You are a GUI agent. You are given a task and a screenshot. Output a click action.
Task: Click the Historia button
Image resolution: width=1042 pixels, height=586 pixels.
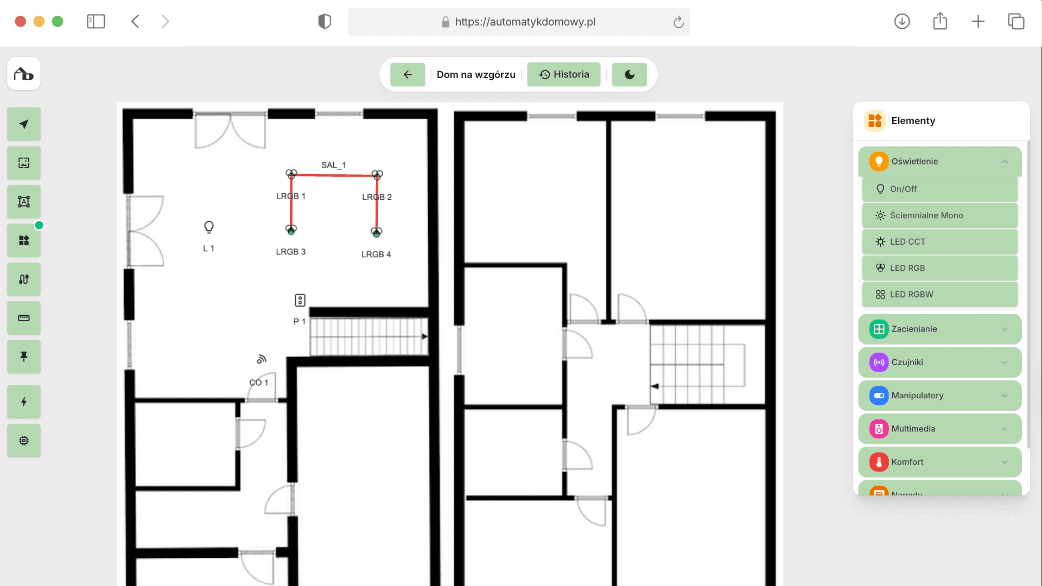564,74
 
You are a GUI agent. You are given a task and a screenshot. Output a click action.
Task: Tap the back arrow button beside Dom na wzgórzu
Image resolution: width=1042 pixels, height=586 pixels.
408,74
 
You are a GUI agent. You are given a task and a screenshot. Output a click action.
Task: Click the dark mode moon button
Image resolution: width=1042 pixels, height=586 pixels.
630,74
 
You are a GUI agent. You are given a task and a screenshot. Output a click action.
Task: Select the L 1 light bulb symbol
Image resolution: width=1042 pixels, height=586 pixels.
209,227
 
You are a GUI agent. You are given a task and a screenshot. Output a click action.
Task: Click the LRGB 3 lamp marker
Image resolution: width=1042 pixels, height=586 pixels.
291,230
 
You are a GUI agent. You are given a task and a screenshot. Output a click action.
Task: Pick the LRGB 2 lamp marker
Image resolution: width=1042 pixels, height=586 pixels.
377,175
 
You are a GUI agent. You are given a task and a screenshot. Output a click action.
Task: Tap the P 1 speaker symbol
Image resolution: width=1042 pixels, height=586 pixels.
300,300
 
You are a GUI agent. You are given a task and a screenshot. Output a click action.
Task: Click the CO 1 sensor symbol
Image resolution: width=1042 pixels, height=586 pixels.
262,359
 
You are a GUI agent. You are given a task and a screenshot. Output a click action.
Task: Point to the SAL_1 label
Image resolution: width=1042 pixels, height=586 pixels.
333,165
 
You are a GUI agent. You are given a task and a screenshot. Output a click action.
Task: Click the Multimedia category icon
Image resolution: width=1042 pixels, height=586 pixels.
879,429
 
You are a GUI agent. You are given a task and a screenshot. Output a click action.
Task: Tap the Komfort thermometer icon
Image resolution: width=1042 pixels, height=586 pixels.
879,462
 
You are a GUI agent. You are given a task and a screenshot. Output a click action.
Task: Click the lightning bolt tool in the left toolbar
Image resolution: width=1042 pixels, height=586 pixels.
24,402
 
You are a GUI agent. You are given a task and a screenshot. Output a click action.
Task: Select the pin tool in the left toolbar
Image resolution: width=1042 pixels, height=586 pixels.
24,356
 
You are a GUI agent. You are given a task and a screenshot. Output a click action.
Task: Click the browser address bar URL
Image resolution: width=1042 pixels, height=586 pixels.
525,22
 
